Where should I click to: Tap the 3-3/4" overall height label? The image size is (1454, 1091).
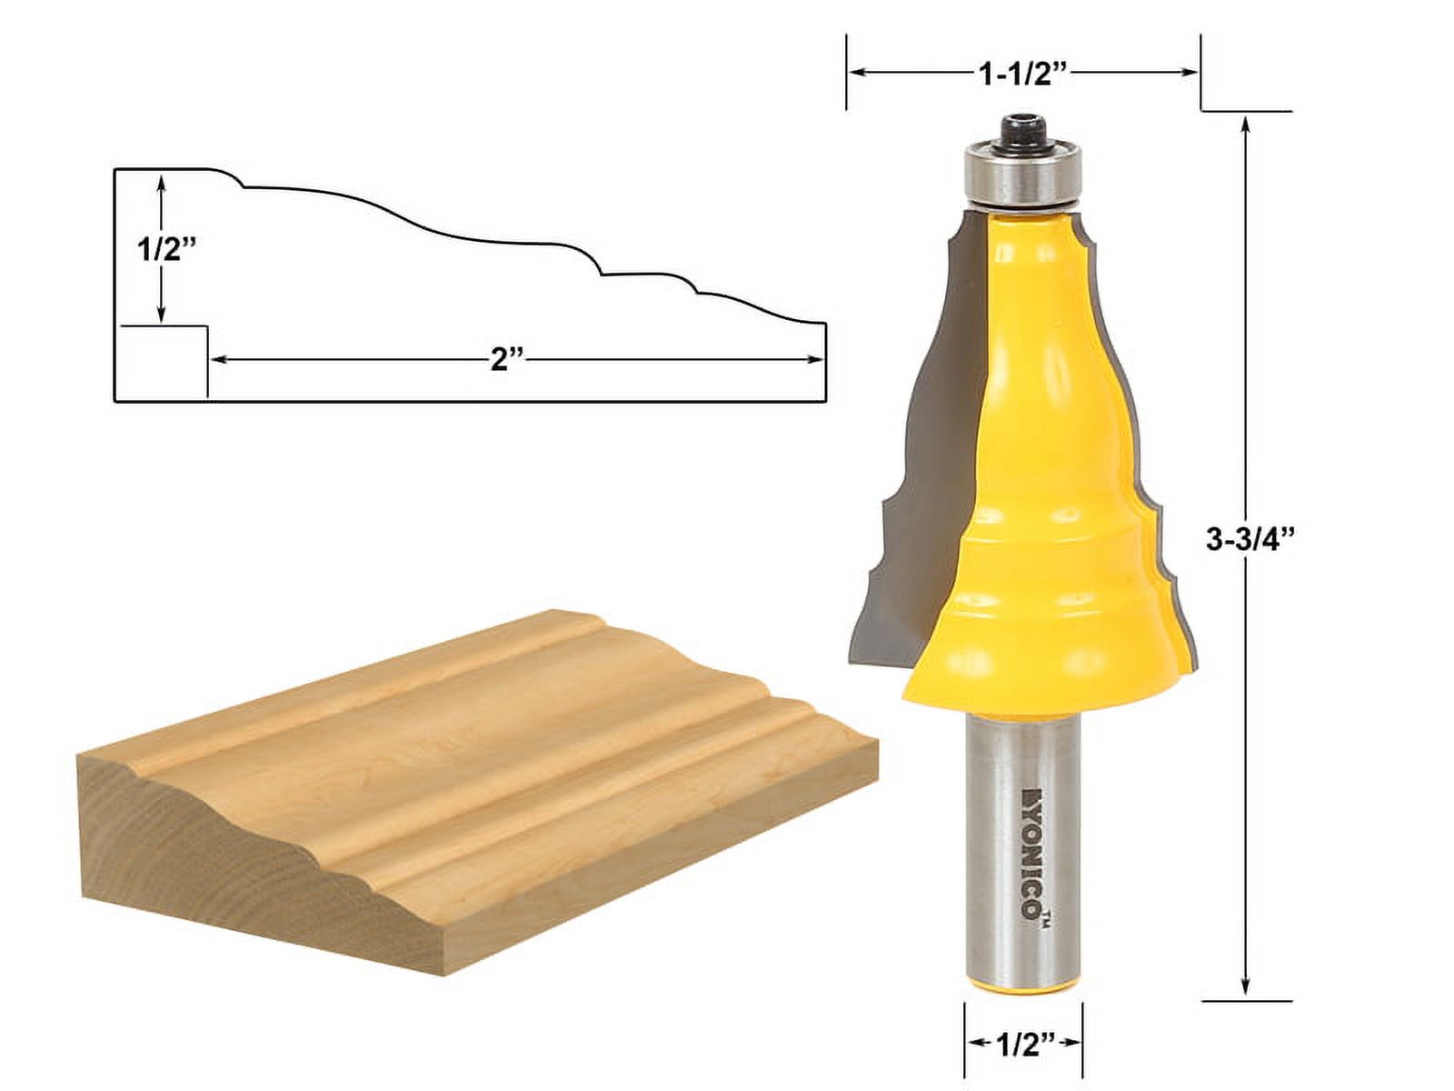click(1249, 540)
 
